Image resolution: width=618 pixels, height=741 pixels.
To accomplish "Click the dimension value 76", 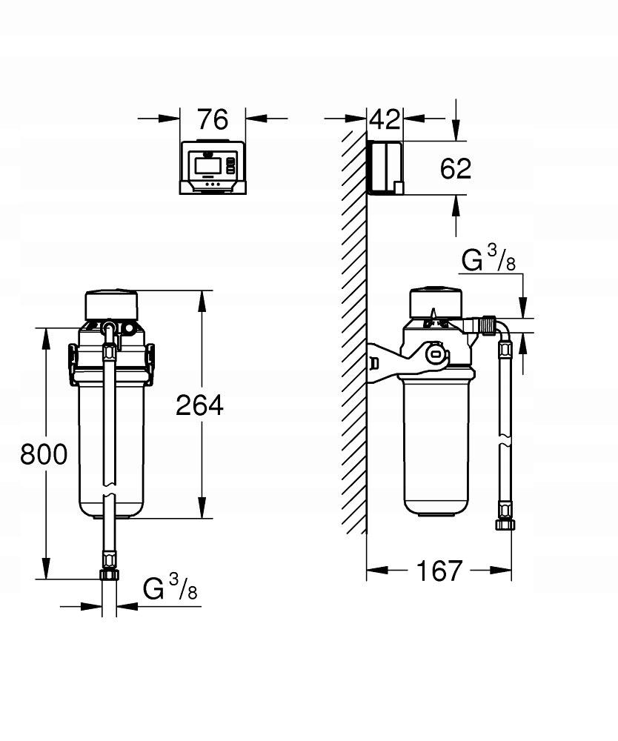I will [x=213, y=119].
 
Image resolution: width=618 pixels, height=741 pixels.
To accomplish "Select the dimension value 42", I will [x=385, y=119].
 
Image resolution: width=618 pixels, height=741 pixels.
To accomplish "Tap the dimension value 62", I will [x=455, y=169].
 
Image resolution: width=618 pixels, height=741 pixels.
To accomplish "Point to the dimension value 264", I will [x=199, y=405].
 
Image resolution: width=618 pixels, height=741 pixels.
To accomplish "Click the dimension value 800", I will [x=44, y=453].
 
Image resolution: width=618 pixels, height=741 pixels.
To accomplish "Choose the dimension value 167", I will [x=439, y=571].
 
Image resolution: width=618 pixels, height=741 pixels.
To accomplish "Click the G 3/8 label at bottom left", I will [x=170, y=589].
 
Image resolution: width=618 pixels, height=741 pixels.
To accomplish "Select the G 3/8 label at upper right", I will [x=490, y=260].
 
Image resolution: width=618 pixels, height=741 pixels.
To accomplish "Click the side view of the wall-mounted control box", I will [x=385, y=168].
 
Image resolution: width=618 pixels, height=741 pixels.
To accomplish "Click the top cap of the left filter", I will [x=111, y=304].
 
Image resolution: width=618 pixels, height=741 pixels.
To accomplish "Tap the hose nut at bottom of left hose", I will [x=109, y=574].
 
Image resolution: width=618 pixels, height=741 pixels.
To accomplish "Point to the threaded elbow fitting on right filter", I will [x=486, y=325].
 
